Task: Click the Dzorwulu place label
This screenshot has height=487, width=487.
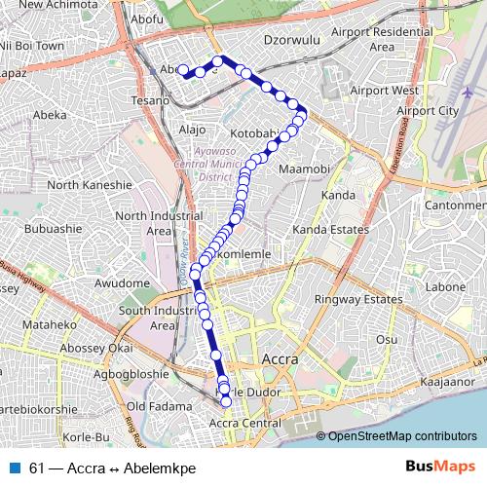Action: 293,42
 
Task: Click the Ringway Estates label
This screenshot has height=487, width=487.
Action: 365,299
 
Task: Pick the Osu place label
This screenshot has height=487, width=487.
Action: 388,339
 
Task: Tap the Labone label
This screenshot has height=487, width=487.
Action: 447,287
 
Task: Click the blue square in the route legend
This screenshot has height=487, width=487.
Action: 14,468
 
